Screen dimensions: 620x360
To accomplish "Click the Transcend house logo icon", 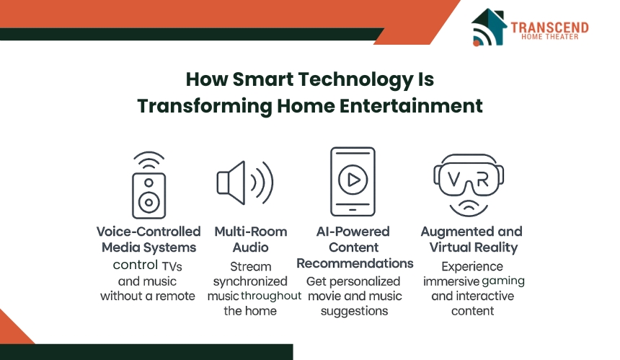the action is tap(489, 27).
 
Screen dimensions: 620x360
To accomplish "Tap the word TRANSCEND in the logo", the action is tap(549, 27).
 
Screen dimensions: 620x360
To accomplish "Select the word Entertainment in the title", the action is tap(411, 106).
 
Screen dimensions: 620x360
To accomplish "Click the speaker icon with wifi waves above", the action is tap(149, 185).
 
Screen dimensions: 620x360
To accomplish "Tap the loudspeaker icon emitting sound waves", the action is tap(245, 183).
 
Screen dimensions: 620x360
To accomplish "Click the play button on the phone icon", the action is tap(353, 180).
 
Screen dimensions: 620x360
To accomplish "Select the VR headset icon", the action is tap(469, 185).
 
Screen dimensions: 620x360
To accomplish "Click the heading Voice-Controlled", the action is tap(149, 232).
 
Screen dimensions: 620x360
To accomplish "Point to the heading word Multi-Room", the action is tap(251, 232).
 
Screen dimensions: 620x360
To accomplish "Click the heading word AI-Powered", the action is tap(353, 232).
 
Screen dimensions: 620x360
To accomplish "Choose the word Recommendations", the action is tap(355, 263).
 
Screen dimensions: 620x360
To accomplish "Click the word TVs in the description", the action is tap(172, 266).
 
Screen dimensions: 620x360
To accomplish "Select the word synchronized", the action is tap(250, 281).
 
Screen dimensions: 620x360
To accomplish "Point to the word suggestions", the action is tap(354, 312).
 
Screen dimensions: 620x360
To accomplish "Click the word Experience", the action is tap(472, 267).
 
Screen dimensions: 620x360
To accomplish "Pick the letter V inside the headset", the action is tap(454, 180).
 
